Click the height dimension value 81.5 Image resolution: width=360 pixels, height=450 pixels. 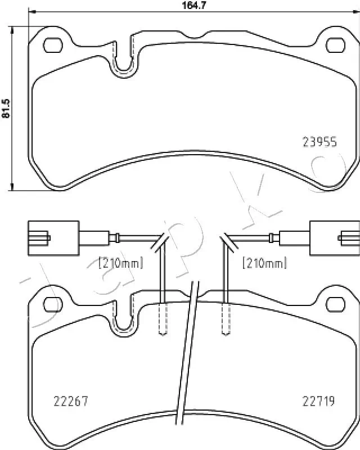coord(6,107)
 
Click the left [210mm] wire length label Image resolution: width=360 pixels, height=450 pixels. coord(121,262)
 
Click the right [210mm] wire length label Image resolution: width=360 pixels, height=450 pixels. coord(264,262)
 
